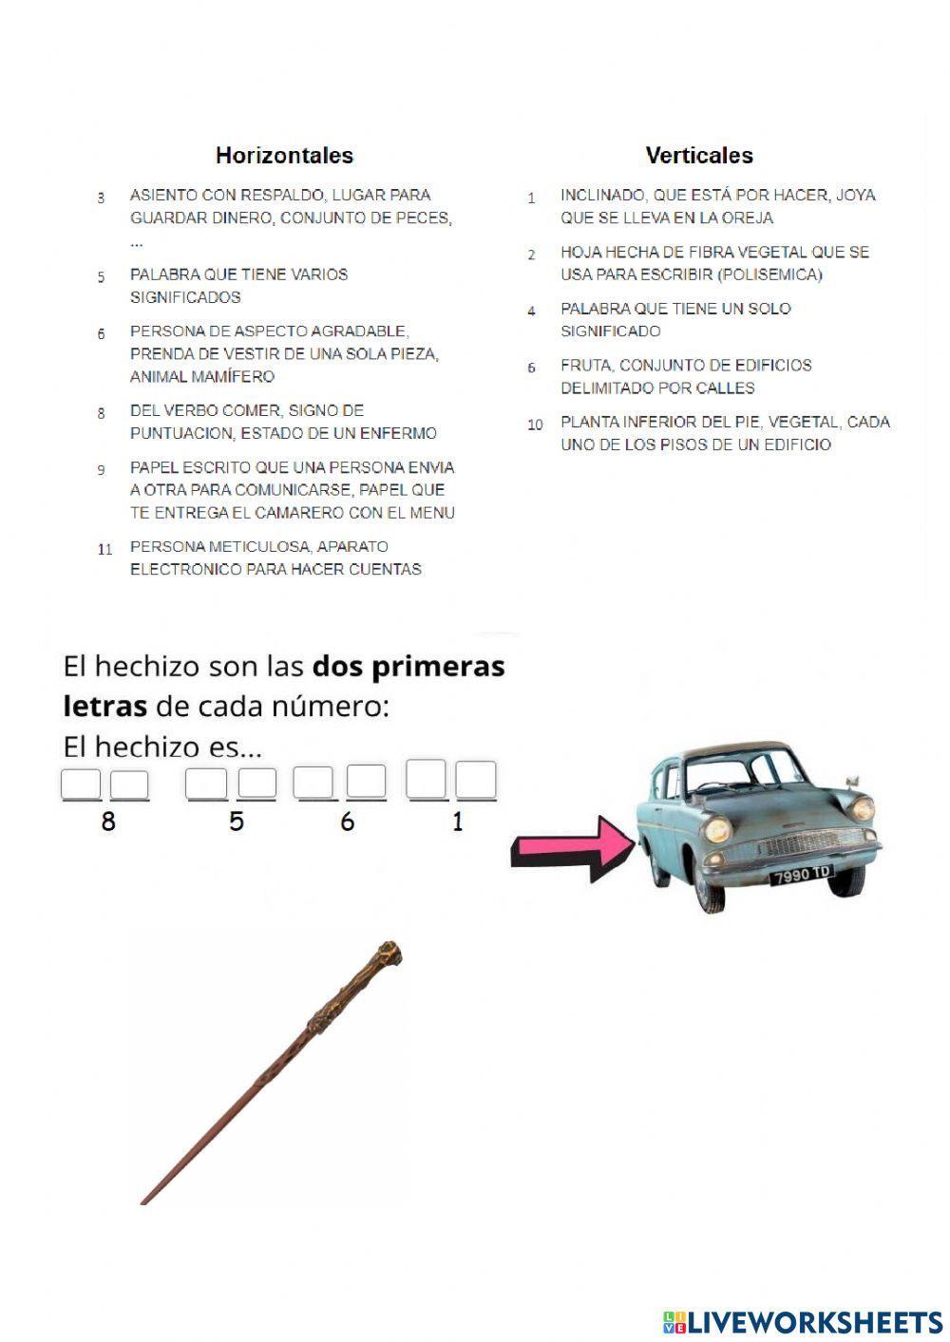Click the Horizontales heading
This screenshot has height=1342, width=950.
coord(284,156)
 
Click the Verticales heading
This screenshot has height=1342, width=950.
coord(699,156)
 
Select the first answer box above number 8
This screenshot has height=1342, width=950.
coord(81,784)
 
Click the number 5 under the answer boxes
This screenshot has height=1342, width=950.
coord(237,822)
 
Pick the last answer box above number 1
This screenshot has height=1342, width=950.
coord(476,781)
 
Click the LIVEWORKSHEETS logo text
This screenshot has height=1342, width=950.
coord(815,1322)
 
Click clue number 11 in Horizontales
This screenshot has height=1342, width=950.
coord(104,549)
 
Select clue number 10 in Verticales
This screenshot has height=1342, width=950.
coord(535,425)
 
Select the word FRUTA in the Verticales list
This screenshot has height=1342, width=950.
coord(585,366)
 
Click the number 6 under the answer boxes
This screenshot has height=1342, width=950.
coord(347,822)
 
